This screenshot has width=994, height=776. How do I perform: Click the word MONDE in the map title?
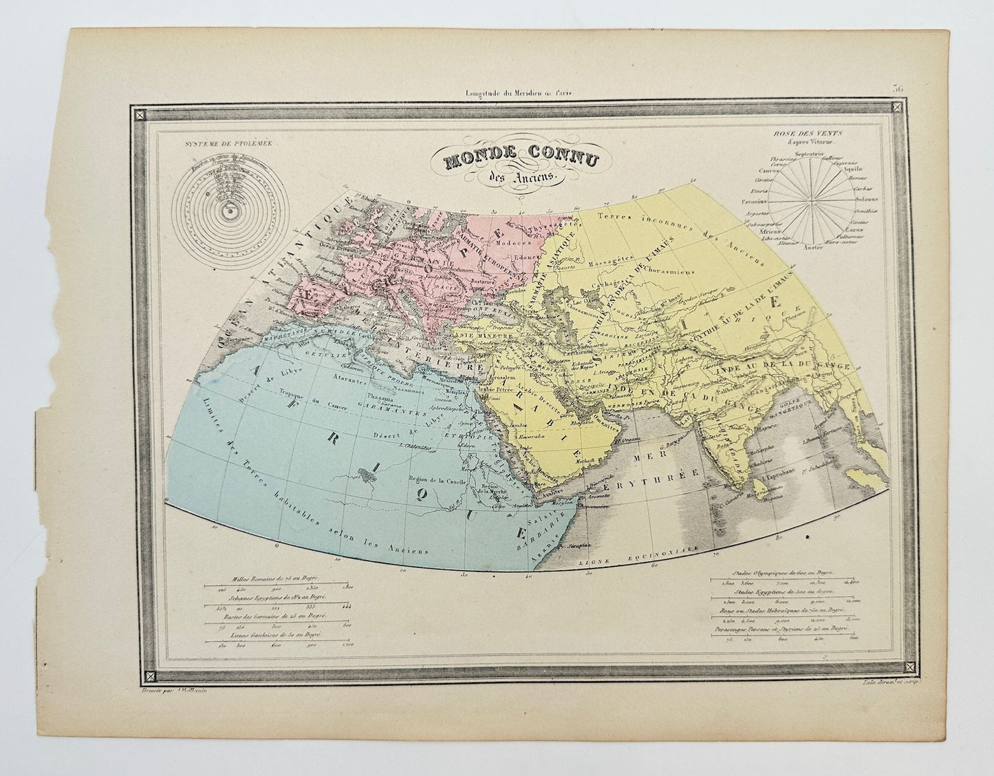[x=473, y=160]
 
